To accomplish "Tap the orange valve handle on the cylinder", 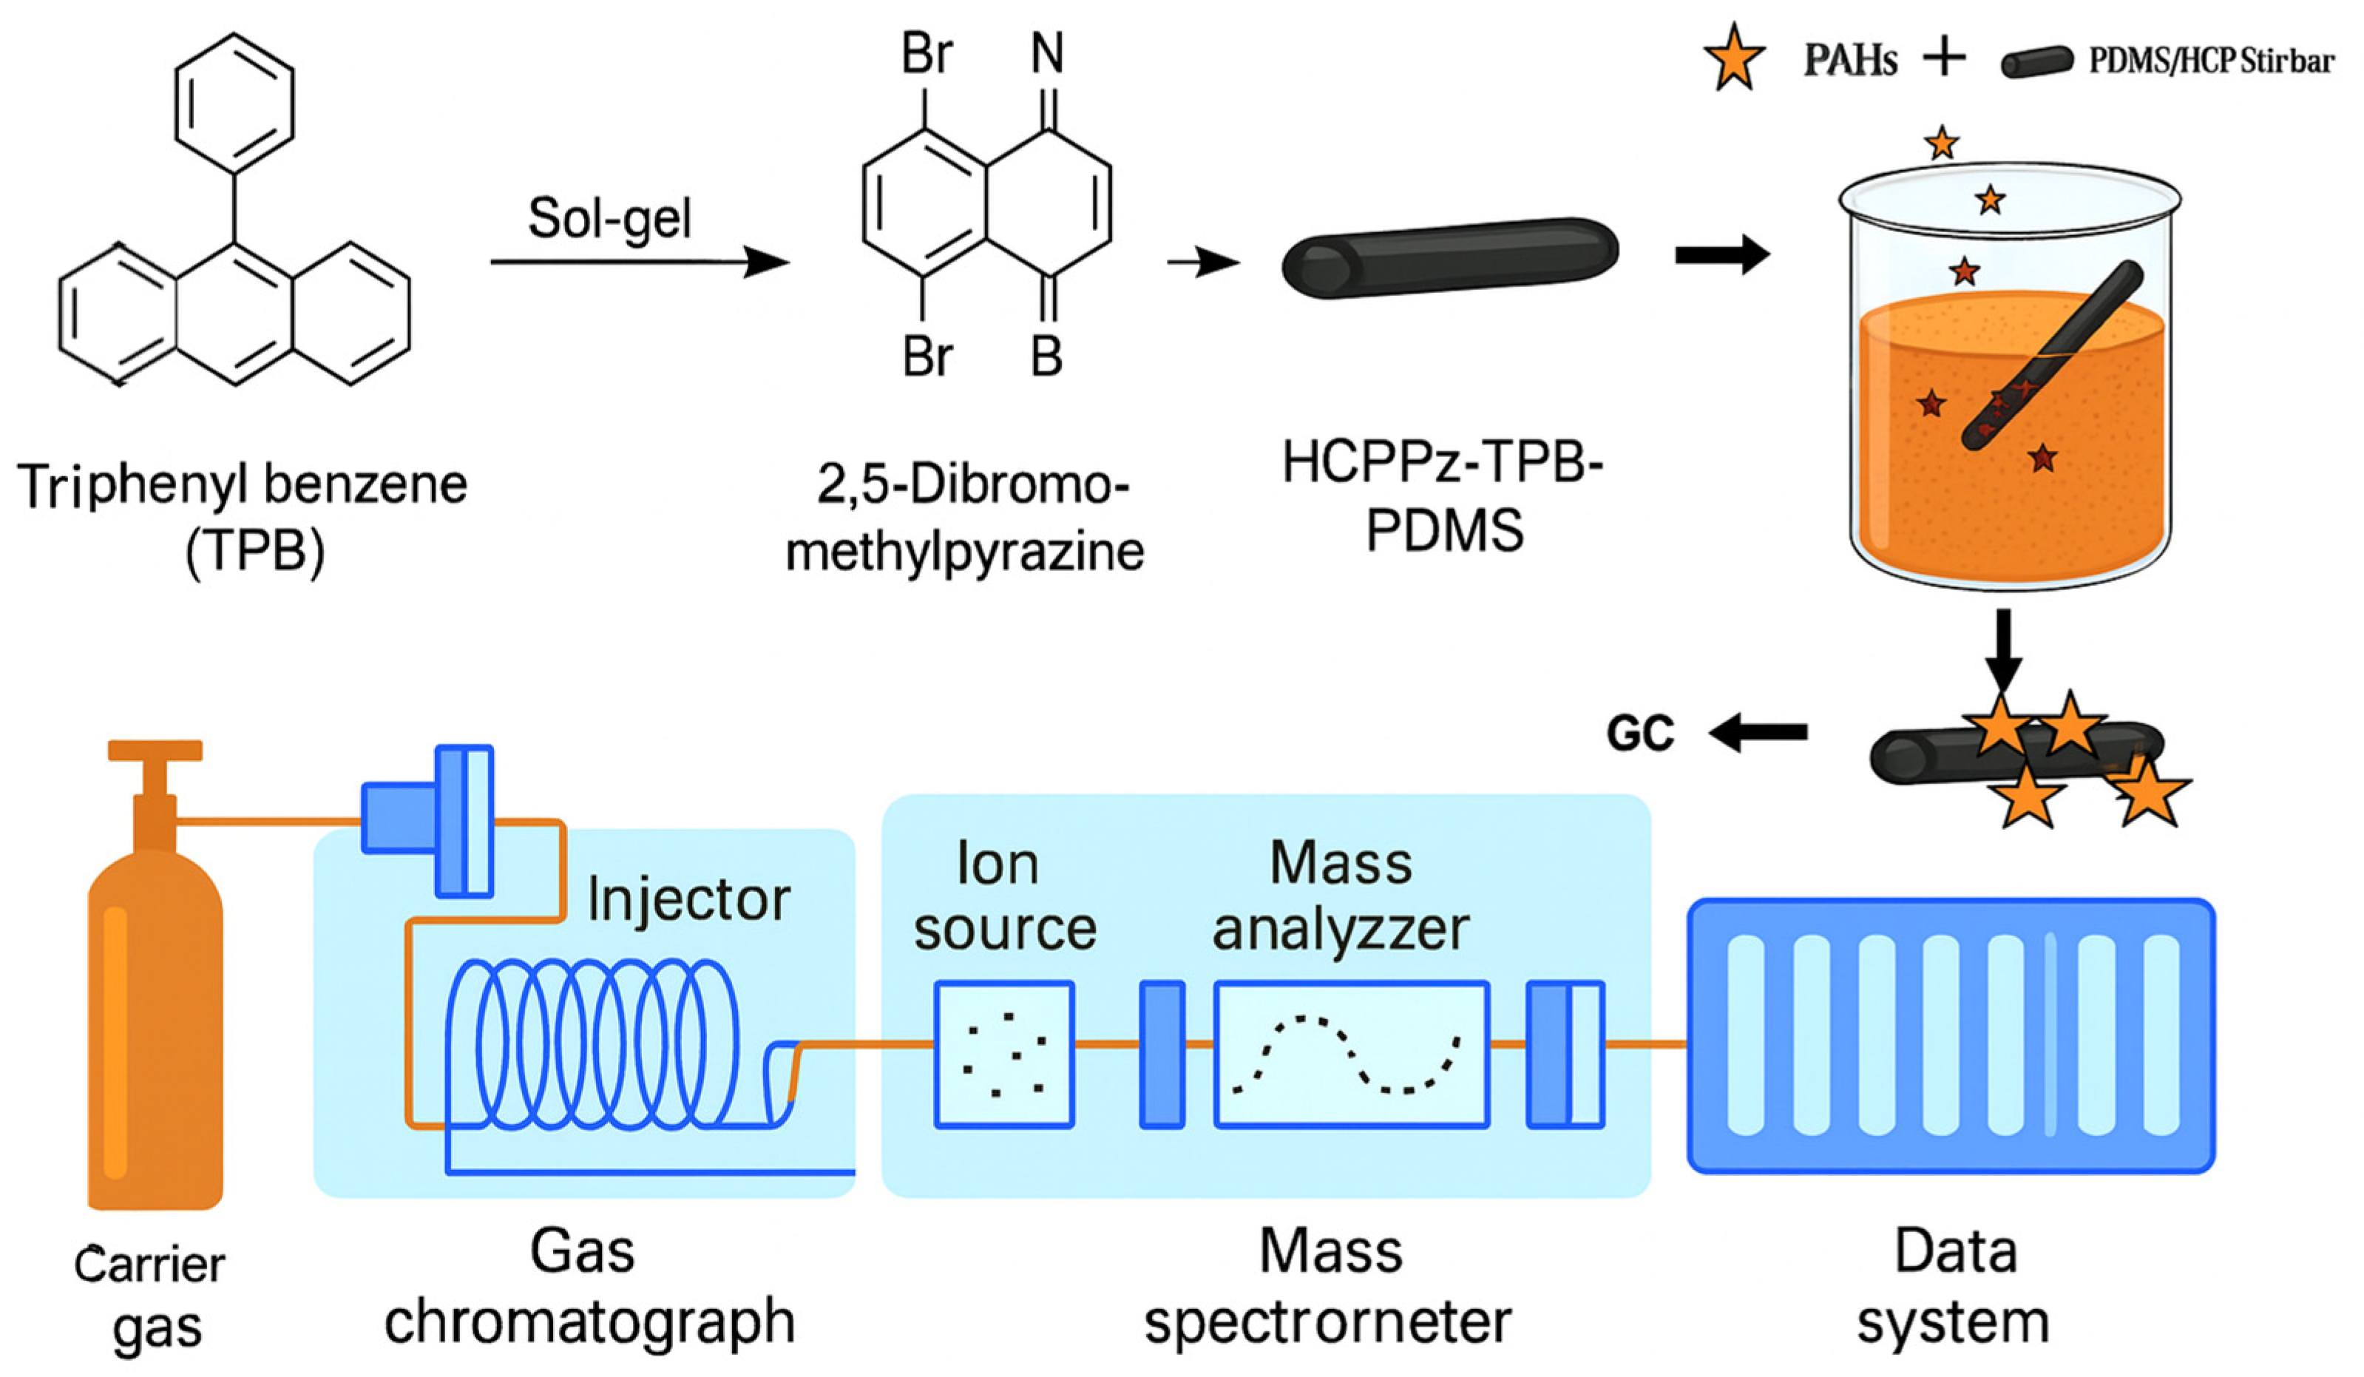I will point(155,751).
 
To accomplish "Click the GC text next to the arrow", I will point(1640,734).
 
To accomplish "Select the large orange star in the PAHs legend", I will point(1733,58).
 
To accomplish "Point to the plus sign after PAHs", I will point(1945,59).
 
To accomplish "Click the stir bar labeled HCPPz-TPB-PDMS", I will point(1449,258).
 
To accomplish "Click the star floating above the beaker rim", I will point(1941,143).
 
